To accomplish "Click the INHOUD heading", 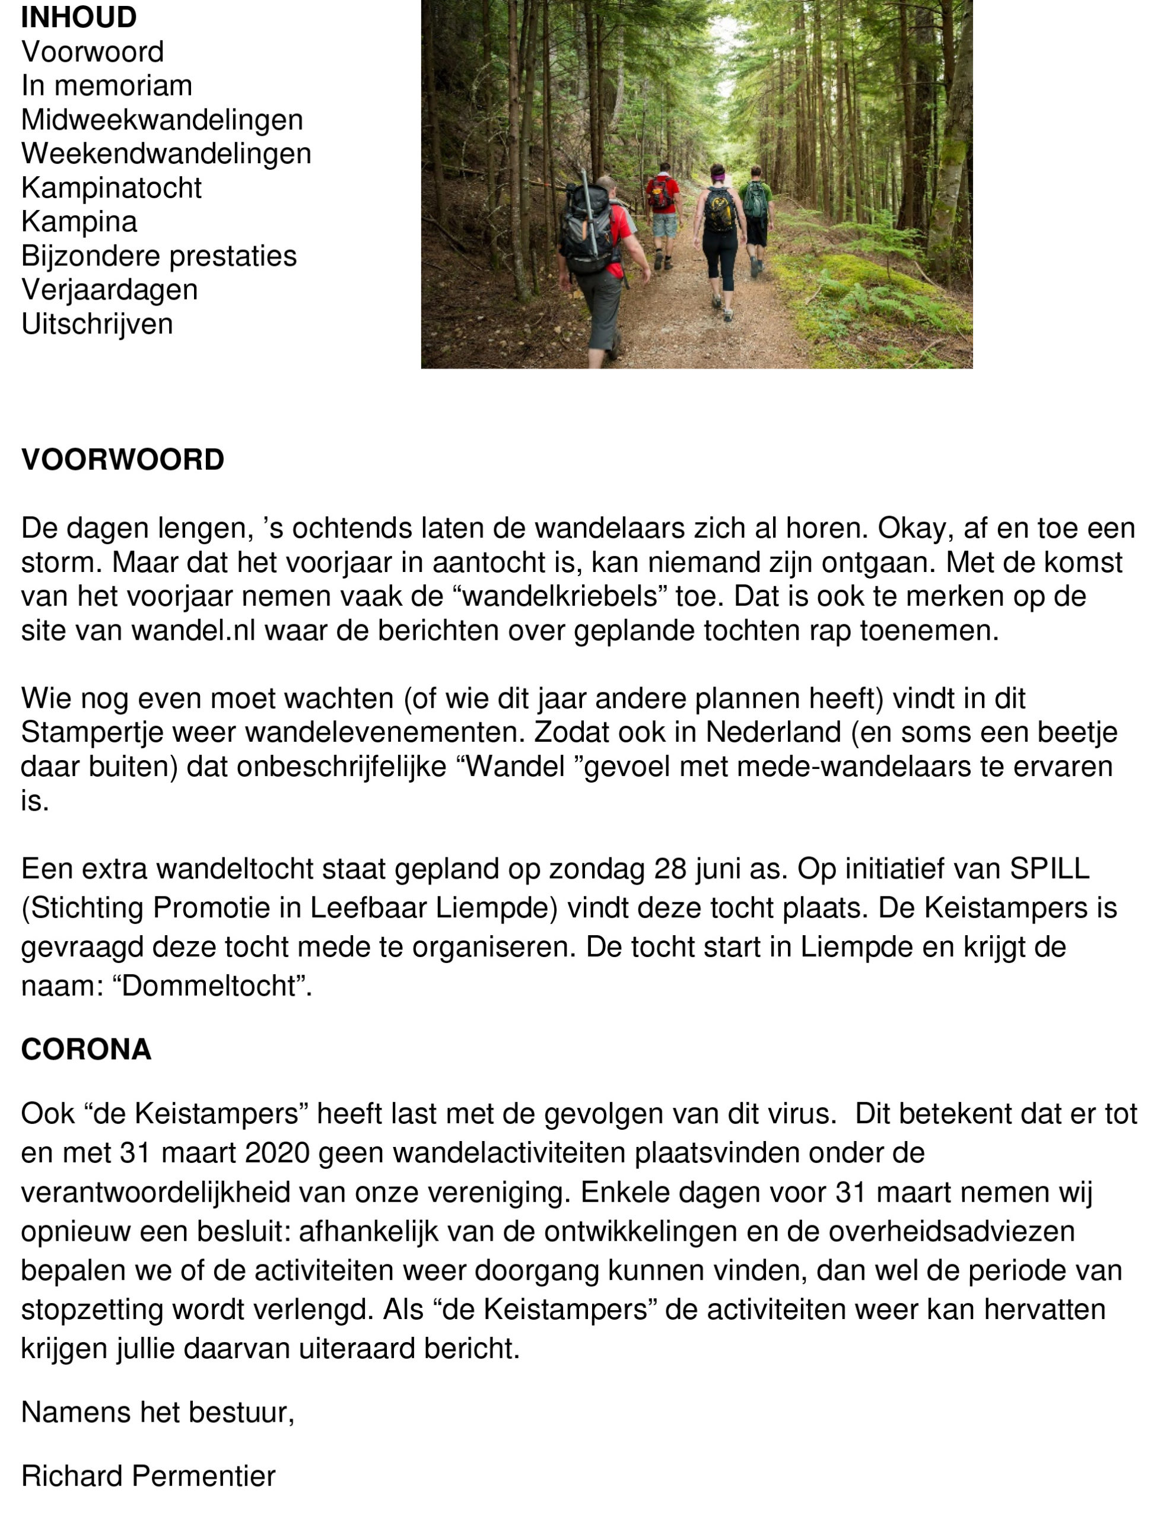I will click(x=78, y=17).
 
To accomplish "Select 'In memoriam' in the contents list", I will click(x=106, y=85).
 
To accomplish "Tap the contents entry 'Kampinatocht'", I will click(x=112, y=188).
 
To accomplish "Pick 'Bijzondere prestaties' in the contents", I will click(x=158, y=256).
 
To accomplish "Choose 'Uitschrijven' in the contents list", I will click(x=97, y=324).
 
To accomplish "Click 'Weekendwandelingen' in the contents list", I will click(x=166, y=154).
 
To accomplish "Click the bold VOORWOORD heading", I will click(x=122, y=460).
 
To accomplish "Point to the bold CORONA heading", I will click(x=86, y=1050).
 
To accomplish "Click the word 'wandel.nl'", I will click(x=193, y=630).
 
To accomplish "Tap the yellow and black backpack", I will click(x=719, y=209).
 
